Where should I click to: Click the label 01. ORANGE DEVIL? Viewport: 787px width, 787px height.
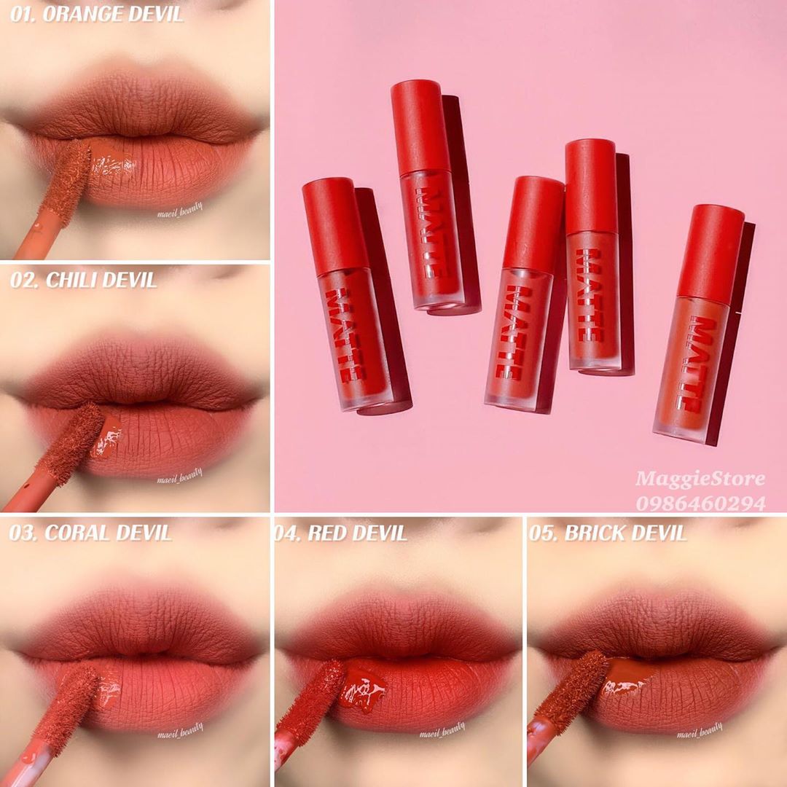96,14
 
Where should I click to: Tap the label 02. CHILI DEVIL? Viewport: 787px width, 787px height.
83,280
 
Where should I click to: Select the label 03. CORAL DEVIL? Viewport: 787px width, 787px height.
90,533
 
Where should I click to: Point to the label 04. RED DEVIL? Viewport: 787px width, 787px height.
341,533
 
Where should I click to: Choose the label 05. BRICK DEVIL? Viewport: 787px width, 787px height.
607,533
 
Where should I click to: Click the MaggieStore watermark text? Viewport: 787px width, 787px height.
700,478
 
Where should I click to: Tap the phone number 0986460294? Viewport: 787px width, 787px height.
701,503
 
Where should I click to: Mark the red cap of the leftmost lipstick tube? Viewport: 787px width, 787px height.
335,226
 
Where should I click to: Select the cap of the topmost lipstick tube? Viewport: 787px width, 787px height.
420,128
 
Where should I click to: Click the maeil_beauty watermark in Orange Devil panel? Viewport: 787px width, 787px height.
180,211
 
